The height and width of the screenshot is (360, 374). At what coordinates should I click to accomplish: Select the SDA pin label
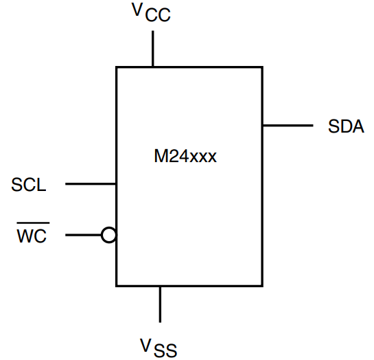[346, 127]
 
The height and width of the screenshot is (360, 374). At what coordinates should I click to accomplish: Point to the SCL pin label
[29, 185]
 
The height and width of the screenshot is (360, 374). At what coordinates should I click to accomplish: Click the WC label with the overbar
[32, 237]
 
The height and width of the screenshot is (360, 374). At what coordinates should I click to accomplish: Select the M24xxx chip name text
[185, 157]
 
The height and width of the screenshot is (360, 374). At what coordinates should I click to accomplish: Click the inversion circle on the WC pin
[108, 236]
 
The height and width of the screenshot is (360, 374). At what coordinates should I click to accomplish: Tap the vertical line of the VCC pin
[152, 48]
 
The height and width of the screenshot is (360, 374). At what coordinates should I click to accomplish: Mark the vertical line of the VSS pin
[160, 304]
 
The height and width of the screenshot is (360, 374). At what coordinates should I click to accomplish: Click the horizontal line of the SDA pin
[287, 126]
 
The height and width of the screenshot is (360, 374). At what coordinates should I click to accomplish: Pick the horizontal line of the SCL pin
[90, 184]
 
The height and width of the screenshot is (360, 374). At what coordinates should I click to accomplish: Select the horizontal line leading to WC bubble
[83, 236]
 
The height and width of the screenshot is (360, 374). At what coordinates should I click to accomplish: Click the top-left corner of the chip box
[116, 67]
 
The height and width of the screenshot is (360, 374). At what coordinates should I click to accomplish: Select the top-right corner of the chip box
[262, 67]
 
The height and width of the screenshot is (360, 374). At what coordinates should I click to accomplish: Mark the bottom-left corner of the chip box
[116, 285]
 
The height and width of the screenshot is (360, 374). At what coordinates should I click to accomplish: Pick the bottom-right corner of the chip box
[262, 285]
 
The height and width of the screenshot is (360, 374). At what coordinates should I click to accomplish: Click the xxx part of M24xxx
[203, 157]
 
